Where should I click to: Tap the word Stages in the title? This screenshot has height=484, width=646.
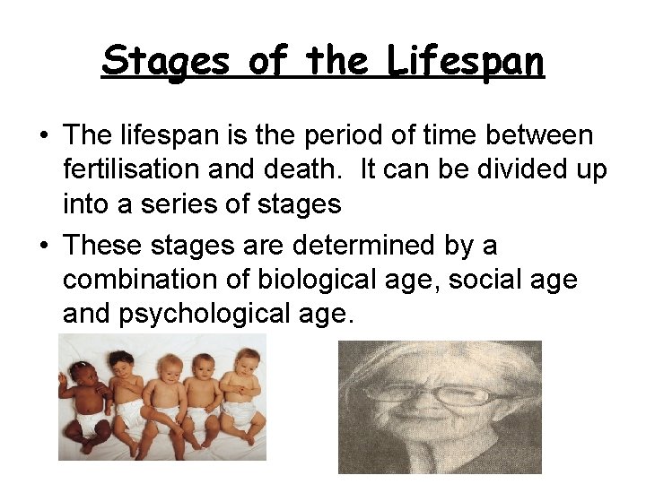click(166, 62)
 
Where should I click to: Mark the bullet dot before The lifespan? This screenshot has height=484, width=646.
click(43, 136)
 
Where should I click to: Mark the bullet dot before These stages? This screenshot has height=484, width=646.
click(43, 246)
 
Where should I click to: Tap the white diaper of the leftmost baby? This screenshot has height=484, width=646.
click(91, 420)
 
